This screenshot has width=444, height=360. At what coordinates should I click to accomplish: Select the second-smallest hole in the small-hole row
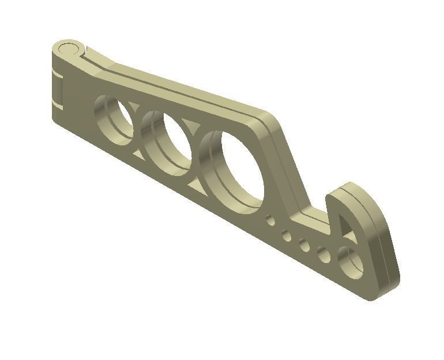click(285, 234)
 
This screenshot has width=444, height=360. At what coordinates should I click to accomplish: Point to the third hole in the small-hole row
click(304, 245)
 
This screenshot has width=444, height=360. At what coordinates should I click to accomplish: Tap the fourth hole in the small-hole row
click(324, 255)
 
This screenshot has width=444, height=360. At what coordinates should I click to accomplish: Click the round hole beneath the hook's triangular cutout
click(351, 262)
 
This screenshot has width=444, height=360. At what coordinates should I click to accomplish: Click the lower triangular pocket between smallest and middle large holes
click(138, 155)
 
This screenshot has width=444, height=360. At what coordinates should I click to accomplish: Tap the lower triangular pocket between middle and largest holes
click(196, 182)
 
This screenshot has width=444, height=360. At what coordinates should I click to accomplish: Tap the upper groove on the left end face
click(58, 75)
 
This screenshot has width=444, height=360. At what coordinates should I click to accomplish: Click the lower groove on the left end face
click(58, 104)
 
